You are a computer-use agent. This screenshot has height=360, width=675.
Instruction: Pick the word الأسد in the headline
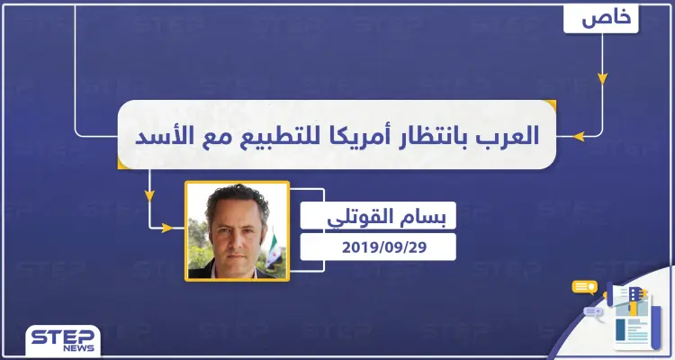click(x=159, y=136)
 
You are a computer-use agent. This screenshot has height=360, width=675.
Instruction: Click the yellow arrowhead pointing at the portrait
click(x=166, y=227)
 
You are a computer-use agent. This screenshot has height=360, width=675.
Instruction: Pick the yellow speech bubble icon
click(x=585, y=287)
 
